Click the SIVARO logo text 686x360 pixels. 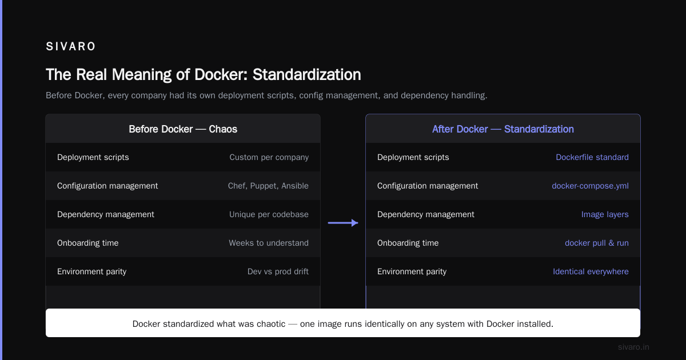(71, 46)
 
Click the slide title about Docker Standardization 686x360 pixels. (204, 75)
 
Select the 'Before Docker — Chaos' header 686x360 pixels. (183, 129)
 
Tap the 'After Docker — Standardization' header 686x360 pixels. (503, 129)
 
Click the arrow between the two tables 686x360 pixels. (343, 223)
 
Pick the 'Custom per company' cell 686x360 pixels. (269, 157)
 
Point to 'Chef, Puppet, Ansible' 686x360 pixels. (268, 186)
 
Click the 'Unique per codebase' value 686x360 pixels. (269, 214)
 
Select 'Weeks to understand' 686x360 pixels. (269, 243)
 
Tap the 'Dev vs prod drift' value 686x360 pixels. (278, 271)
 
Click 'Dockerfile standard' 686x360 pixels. (592, 157)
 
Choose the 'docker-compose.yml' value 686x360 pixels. (590, 186)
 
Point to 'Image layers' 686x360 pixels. (605, 215)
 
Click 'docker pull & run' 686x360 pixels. (597, 243)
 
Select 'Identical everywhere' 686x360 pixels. (591, 271)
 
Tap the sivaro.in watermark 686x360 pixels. (633, 347)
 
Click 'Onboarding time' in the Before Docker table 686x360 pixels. (87, 243)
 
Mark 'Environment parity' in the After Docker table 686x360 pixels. (412, 271)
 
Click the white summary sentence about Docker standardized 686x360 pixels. (342, 324)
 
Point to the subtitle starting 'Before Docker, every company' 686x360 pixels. (266, 95)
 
